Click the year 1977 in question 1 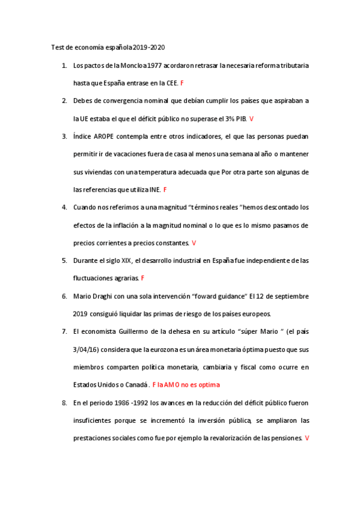pos(137,65)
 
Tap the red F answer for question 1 pos(182,83)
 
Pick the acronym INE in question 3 pos(155,190)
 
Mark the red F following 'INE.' pos(165,190)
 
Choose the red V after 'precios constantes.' pos(194,243)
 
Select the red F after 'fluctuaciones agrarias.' pos(142,278)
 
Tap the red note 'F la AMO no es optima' pos(186,385)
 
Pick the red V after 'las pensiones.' pos(307,438)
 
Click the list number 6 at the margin pos(64,296)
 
